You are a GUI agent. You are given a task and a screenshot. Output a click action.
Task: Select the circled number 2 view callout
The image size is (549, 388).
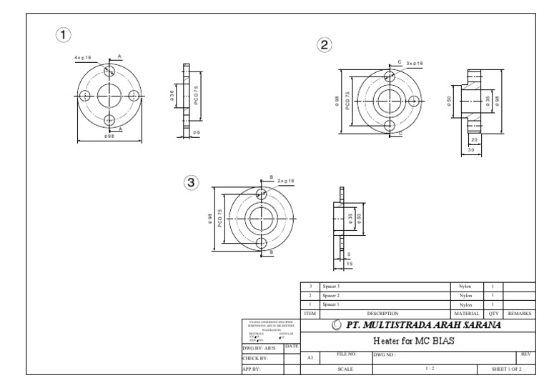[324, 45]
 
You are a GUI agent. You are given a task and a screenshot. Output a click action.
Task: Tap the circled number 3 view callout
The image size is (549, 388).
[191, 182]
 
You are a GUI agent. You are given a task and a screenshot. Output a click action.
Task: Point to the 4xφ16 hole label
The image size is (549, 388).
[82, 57]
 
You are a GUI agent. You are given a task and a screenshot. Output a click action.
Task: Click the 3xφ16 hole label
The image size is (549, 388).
[415, 64]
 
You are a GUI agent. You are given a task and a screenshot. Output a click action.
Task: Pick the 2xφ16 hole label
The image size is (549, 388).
[286, 181]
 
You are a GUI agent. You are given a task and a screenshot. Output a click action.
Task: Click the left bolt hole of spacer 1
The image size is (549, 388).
[85, 95]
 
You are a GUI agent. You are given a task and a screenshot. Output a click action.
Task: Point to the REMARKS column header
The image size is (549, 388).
[519, 313]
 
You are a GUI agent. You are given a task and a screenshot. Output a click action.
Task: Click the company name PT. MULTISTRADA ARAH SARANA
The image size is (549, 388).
[418, 325]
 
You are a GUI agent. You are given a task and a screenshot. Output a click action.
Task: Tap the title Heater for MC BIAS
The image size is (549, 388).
[418, 340]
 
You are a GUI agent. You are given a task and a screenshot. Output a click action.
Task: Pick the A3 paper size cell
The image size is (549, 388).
[310, 357]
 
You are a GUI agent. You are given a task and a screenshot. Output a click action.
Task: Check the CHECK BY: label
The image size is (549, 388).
[255, 357]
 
